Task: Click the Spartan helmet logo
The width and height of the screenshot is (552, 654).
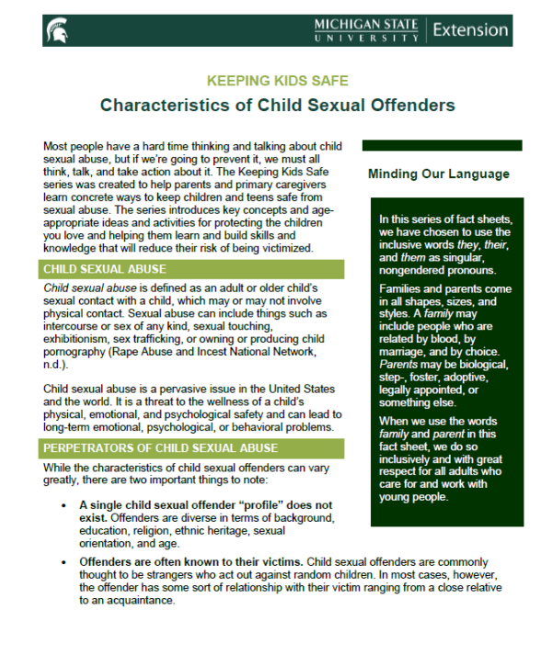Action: click(x=56, y=30)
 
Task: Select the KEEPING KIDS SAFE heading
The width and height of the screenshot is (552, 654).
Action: click(x=277, y=81)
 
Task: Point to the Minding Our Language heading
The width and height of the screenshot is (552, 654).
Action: click(x=439, y=174)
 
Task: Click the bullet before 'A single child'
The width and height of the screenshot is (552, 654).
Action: click(x=63, y=505)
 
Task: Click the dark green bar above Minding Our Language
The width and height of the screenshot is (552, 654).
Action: click(x=442, y=145)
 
